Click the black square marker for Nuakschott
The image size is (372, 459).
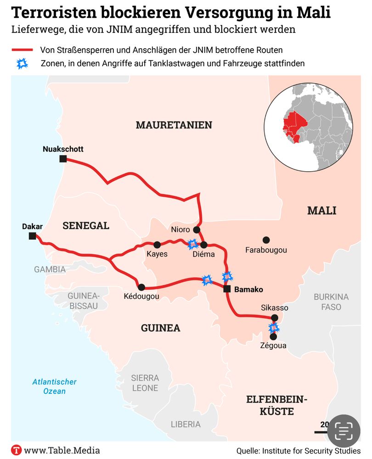click(x=63, y=159)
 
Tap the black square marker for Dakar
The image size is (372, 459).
click(x=32, y=236)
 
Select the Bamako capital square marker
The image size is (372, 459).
click(x=227, y=289)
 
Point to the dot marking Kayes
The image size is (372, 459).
click(x=157, y=245)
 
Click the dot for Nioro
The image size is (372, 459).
click(x=197, y=229)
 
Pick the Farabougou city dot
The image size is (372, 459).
click(x=265, y=240)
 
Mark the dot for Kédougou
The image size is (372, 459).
click(x=141, y=287)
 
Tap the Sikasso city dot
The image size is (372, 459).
click(x=275, y=318)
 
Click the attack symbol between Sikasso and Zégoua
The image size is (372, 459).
click(x=274, y=328)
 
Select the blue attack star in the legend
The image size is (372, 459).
click(x=22, y=64)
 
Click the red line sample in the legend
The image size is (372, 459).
click(x=22, y=50)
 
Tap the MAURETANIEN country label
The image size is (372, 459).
click(x=174, y=125)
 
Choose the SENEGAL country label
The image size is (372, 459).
click(x=86, y=225)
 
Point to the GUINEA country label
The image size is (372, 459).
click(x=160, y=328)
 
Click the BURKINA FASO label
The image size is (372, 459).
click(x=331, y=302)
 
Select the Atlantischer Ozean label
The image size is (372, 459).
click(x=54, y=386)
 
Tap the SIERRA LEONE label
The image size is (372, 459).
click(x=145, y=383)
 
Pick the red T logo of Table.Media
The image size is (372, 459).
click(x=17, y=450)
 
